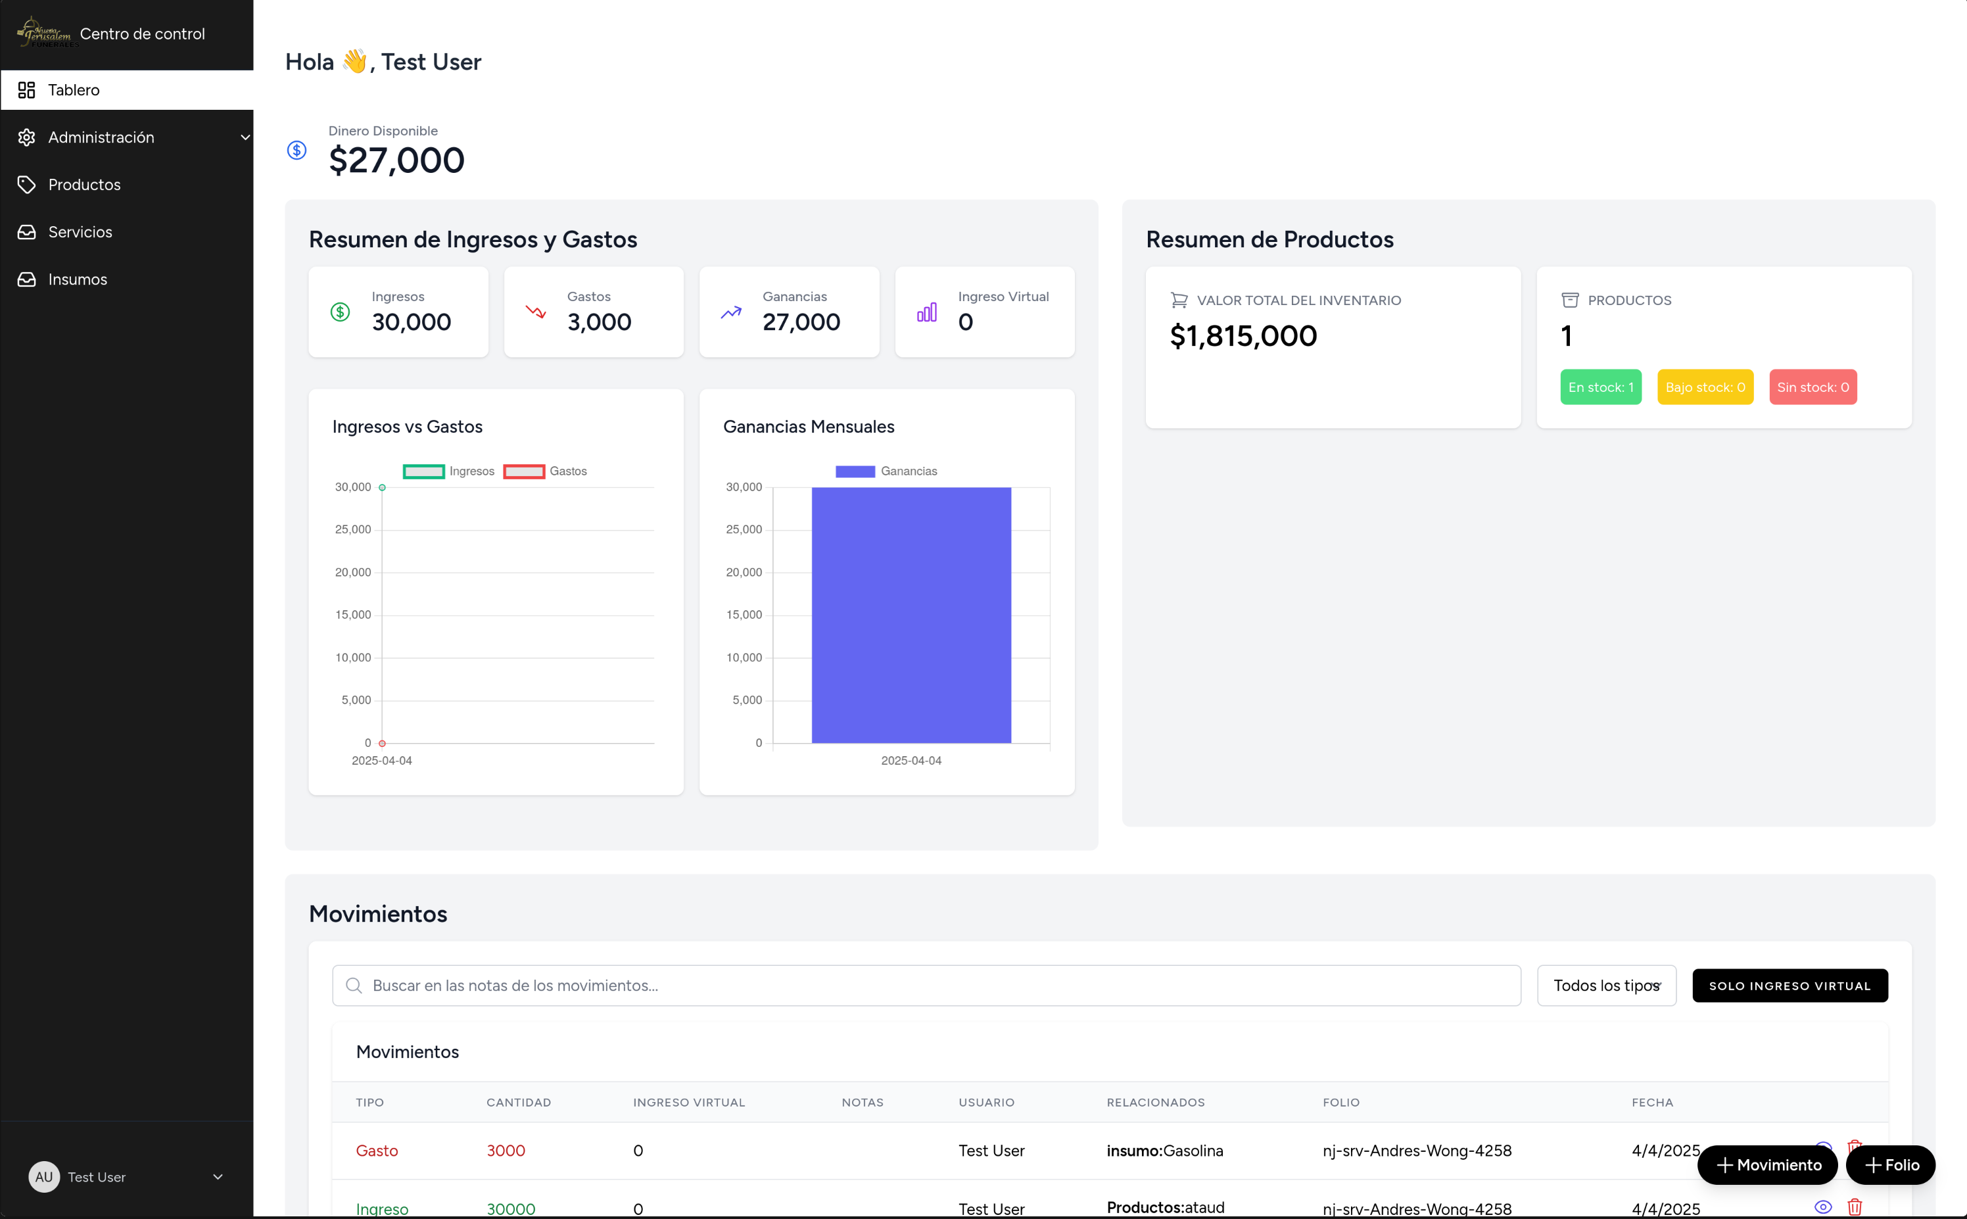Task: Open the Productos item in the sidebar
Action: pyautogui.click(x=84, y=185)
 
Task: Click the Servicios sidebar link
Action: pyautogui.click(x=80, y=232)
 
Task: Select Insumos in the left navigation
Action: pyautogui.click(x=78, y=279)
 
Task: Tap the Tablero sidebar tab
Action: pyautogui.click(x=74, y=90)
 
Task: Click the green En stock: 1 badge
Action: pyautogui.click(x=1600, y=388)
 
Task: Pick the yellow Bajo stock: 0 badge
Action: pyautogui.click(x=1705, y=388)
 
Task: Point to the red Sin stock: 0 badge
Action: pyautogui.click(x=1813, y=388)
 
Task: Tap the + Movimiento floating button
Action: pyautogui.click(x=1767, y=1165)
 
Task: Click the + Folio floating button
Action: pyautogui.click(x=1891, y=1165)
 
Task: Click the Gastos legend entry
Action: pyautogui.click(x=546, y=471)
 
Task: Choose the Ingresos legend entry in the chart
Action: pyautogui.click(x=449, y=471)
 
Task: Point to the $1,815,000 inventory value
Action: pyautogui.click(x=1243, y=336)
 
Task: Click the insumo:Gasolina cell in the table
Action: pyautogui.click(x=1165, y=1151)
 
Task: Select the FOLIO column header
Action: pyautogui.click(x=1340, y=1103)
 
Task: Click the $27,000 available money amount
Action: pyautogui.click(x=396, y=160)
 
